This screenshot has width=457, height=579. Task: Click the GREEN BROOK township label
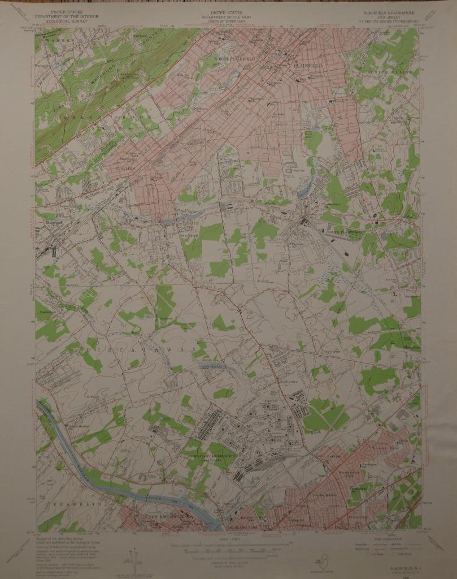[80, 111]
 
